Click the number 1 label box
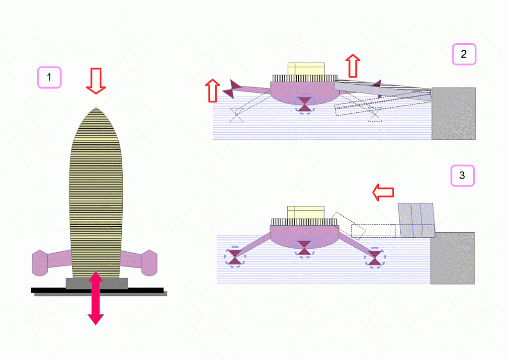(x=49, y=77)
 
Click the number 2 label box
(x=464, y=54)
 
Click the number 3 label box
(x=462, y=176)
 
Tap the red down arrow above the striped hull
(x=96, y=81)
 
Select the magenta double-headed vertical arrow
(x=95, y=298)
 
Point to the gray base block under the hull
(x=97, y=283)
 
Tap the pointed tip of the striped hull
(x=96, y=108)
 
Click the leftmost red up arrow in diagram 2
(x=213, y=90)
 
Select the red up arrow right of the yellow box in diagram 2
(x=352, y=66)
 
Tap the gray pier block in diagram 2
(x=453, y=113)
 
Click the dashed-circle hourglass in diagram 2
(x=305, y=104)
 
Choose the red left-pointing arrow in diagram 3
(x=383, y=192)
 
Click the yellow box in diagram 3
(x=306, y=212)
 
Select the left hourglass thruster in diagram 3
(x=235, y=257)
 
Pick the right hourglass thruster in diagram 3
(x=375, y=258)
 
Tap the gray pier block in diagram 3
(x=452, y=258)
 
